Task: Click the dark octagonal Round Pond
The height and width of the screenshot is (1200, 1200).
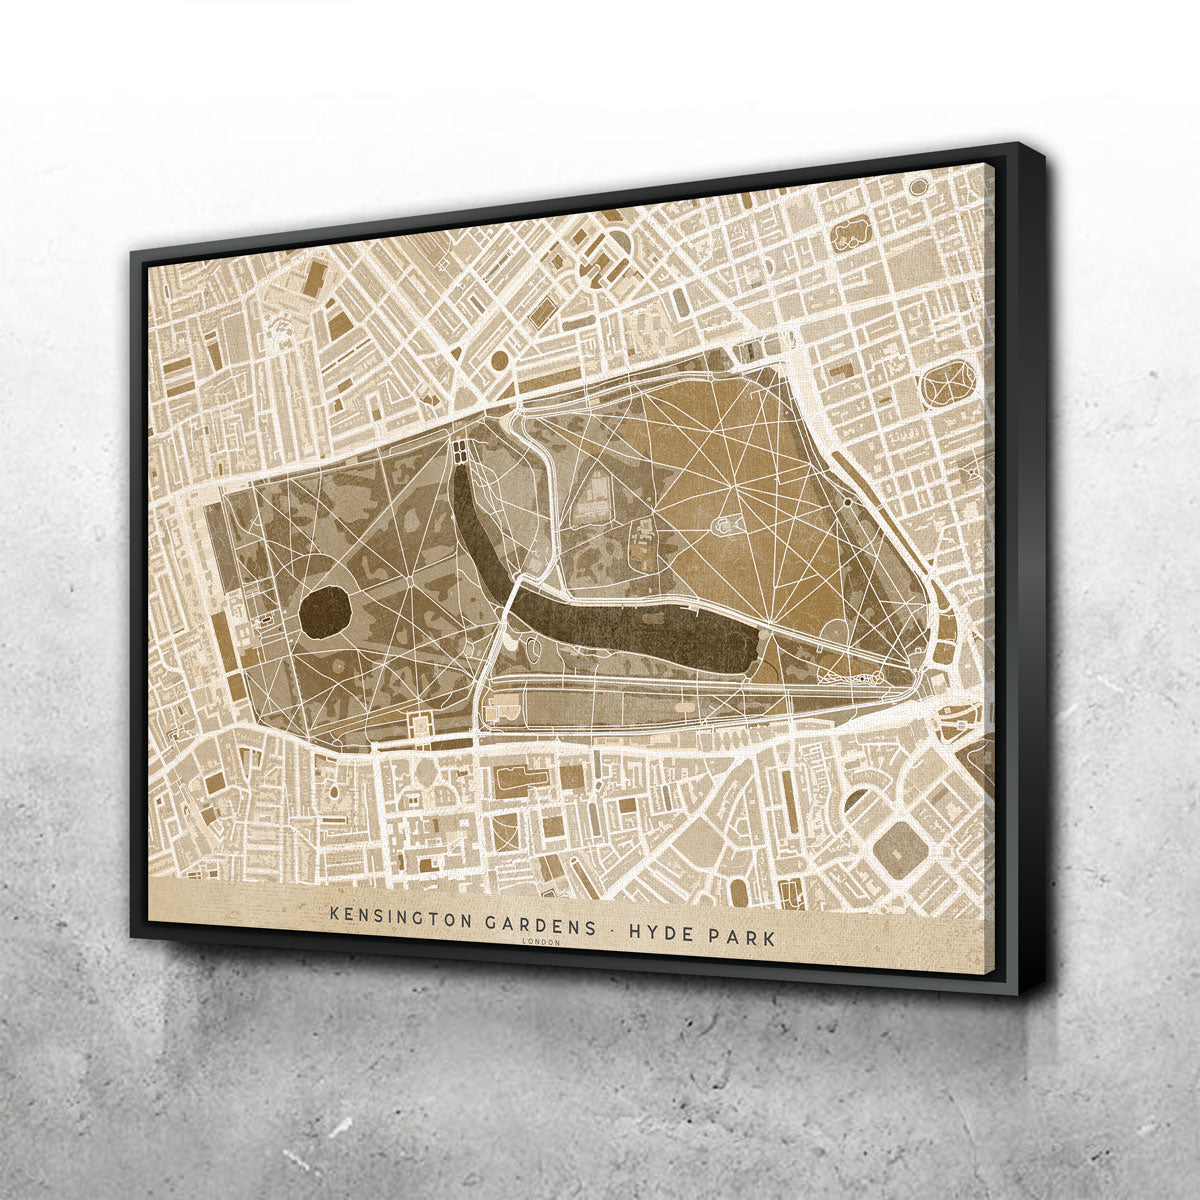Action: click(x=325, y=613)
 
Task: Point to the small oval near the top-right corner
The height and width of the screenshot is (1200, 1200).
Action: click(x=918, y=186)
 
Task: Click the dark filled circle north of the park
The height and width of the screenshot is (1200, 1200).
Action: click(x=499, y=358)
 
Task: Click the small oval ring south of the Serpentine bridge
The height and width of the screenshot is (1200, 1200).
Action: click(x=534, y=651)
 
